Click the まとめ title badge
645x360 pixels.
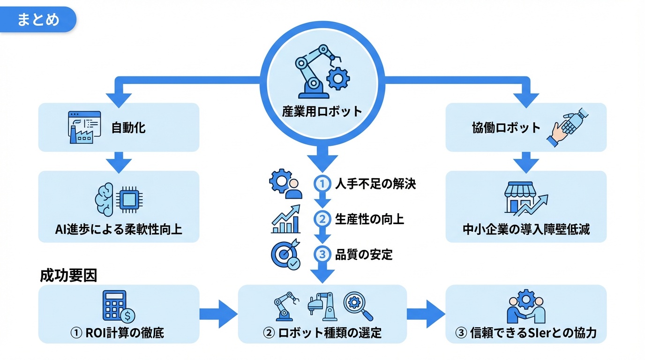coord(38,20)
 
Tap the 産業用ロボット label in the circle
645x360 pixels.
coord(322,112)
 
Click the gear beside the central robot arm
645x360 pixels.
coord(337,78)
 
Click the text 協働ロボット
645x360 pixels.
coord(506,127)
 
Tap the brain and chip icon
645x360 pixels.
coord(118,199)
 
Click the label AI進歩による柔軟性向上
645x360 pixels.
coord(118,230)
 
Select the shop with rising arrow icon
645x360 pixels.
coord(525,199)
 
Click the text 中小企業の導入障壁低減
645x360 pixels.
coord(526,230)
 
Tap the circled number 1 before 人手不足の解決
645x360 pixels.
coord(322,184)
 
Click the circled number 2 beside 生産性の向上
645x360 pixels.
coord(322,219)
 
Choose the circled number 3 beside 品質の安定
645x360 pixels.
coord(322,255)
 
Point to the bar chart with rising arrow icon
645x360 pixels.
coord(286,219)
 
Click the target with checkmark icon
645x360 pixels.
coord(286,255)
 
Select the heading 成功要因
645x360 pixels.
coord(68,276)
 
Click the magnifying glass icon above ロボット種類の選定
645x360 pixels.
coord(358,306)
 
